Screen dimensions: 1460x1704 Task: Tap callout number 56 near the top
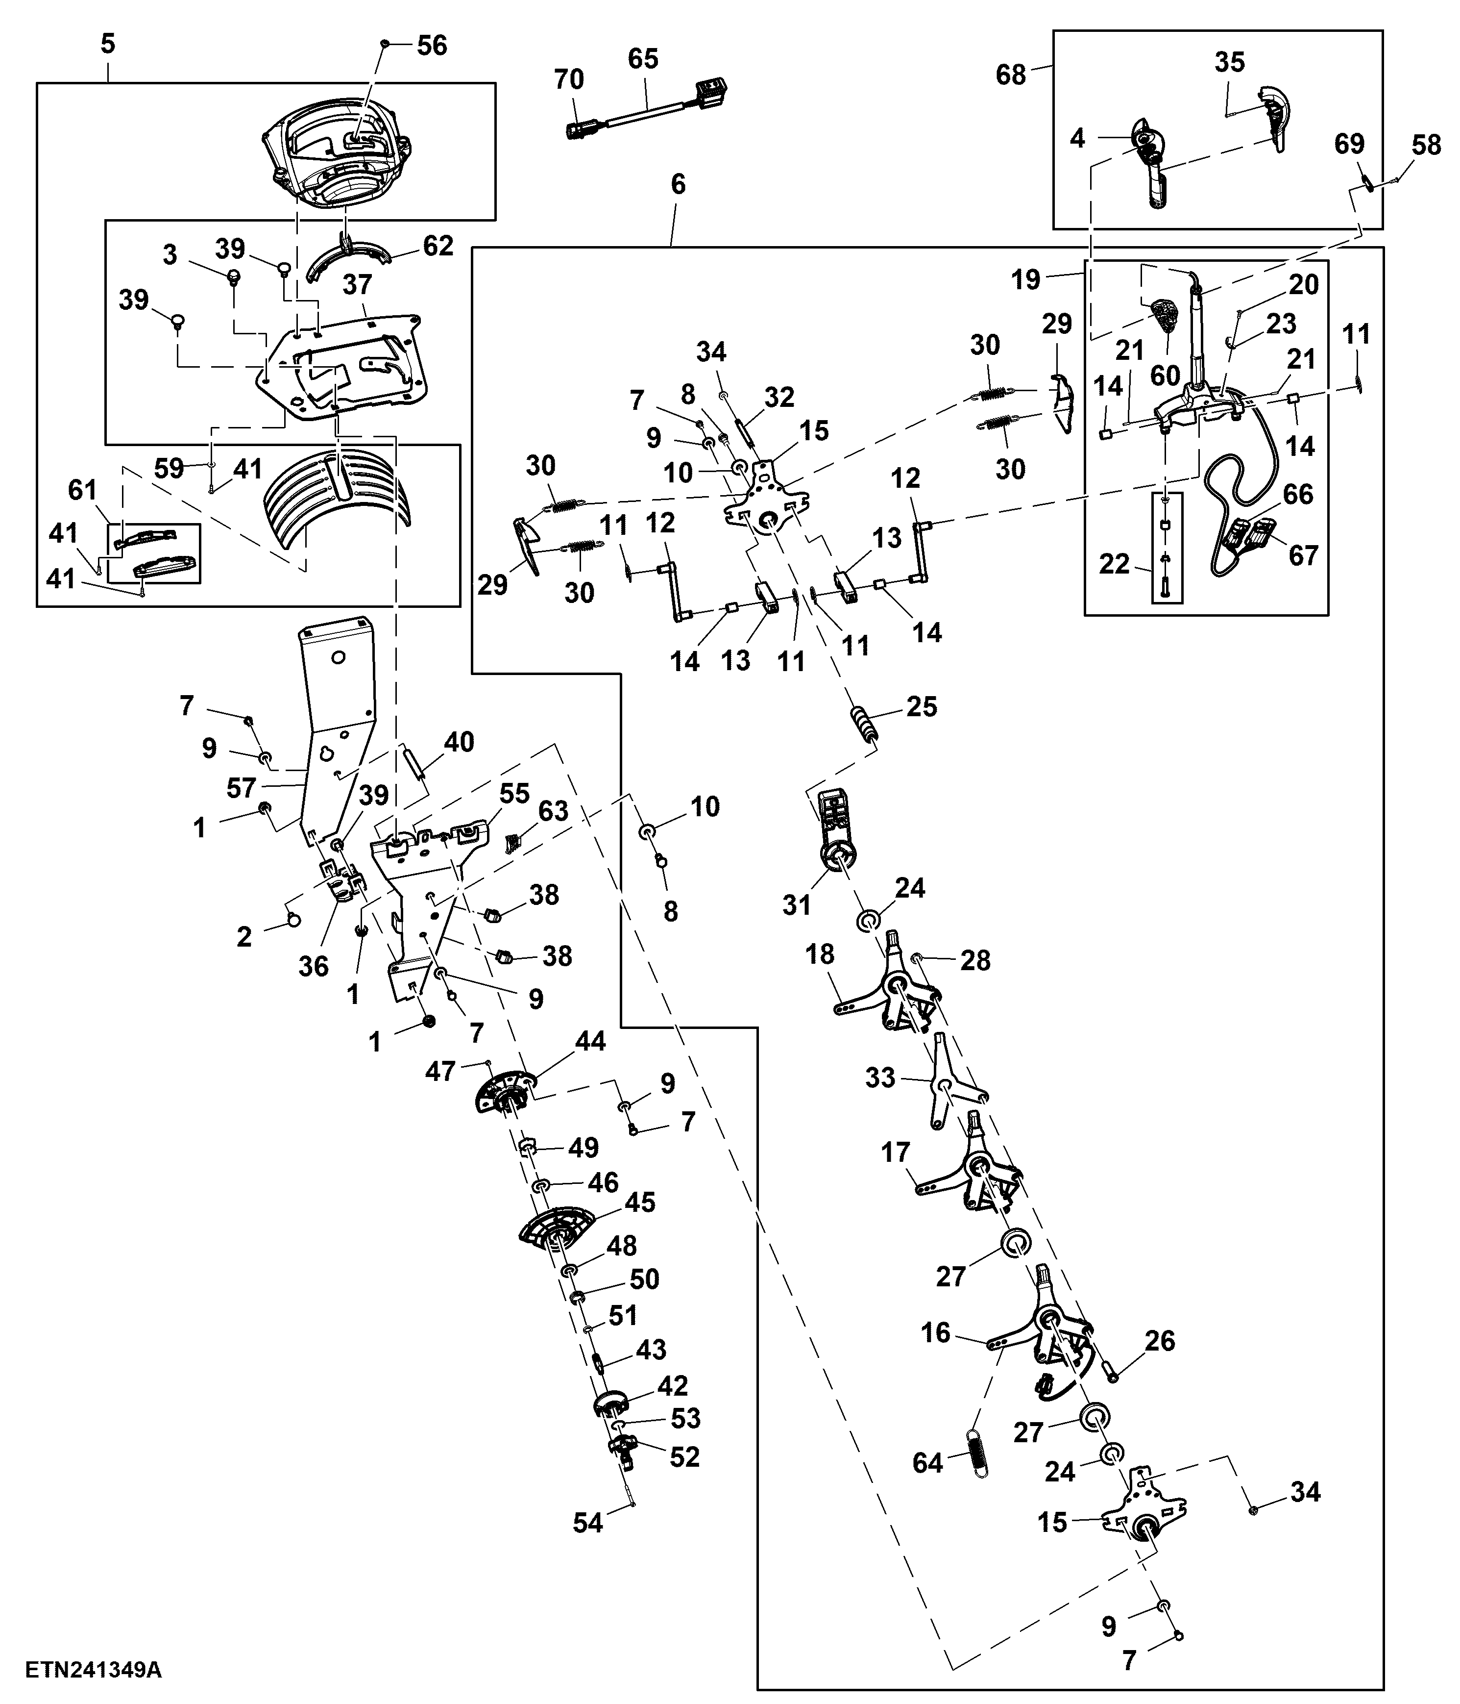click(x=432, y=46)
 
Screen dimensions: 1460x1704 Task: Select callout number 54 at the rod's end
click(x=588, y=1523)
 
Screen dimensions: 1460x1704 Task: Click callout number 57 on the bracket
click(x=241, y=789)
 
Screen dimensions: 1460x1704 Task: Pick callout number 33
click(x=880, y=1078)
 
